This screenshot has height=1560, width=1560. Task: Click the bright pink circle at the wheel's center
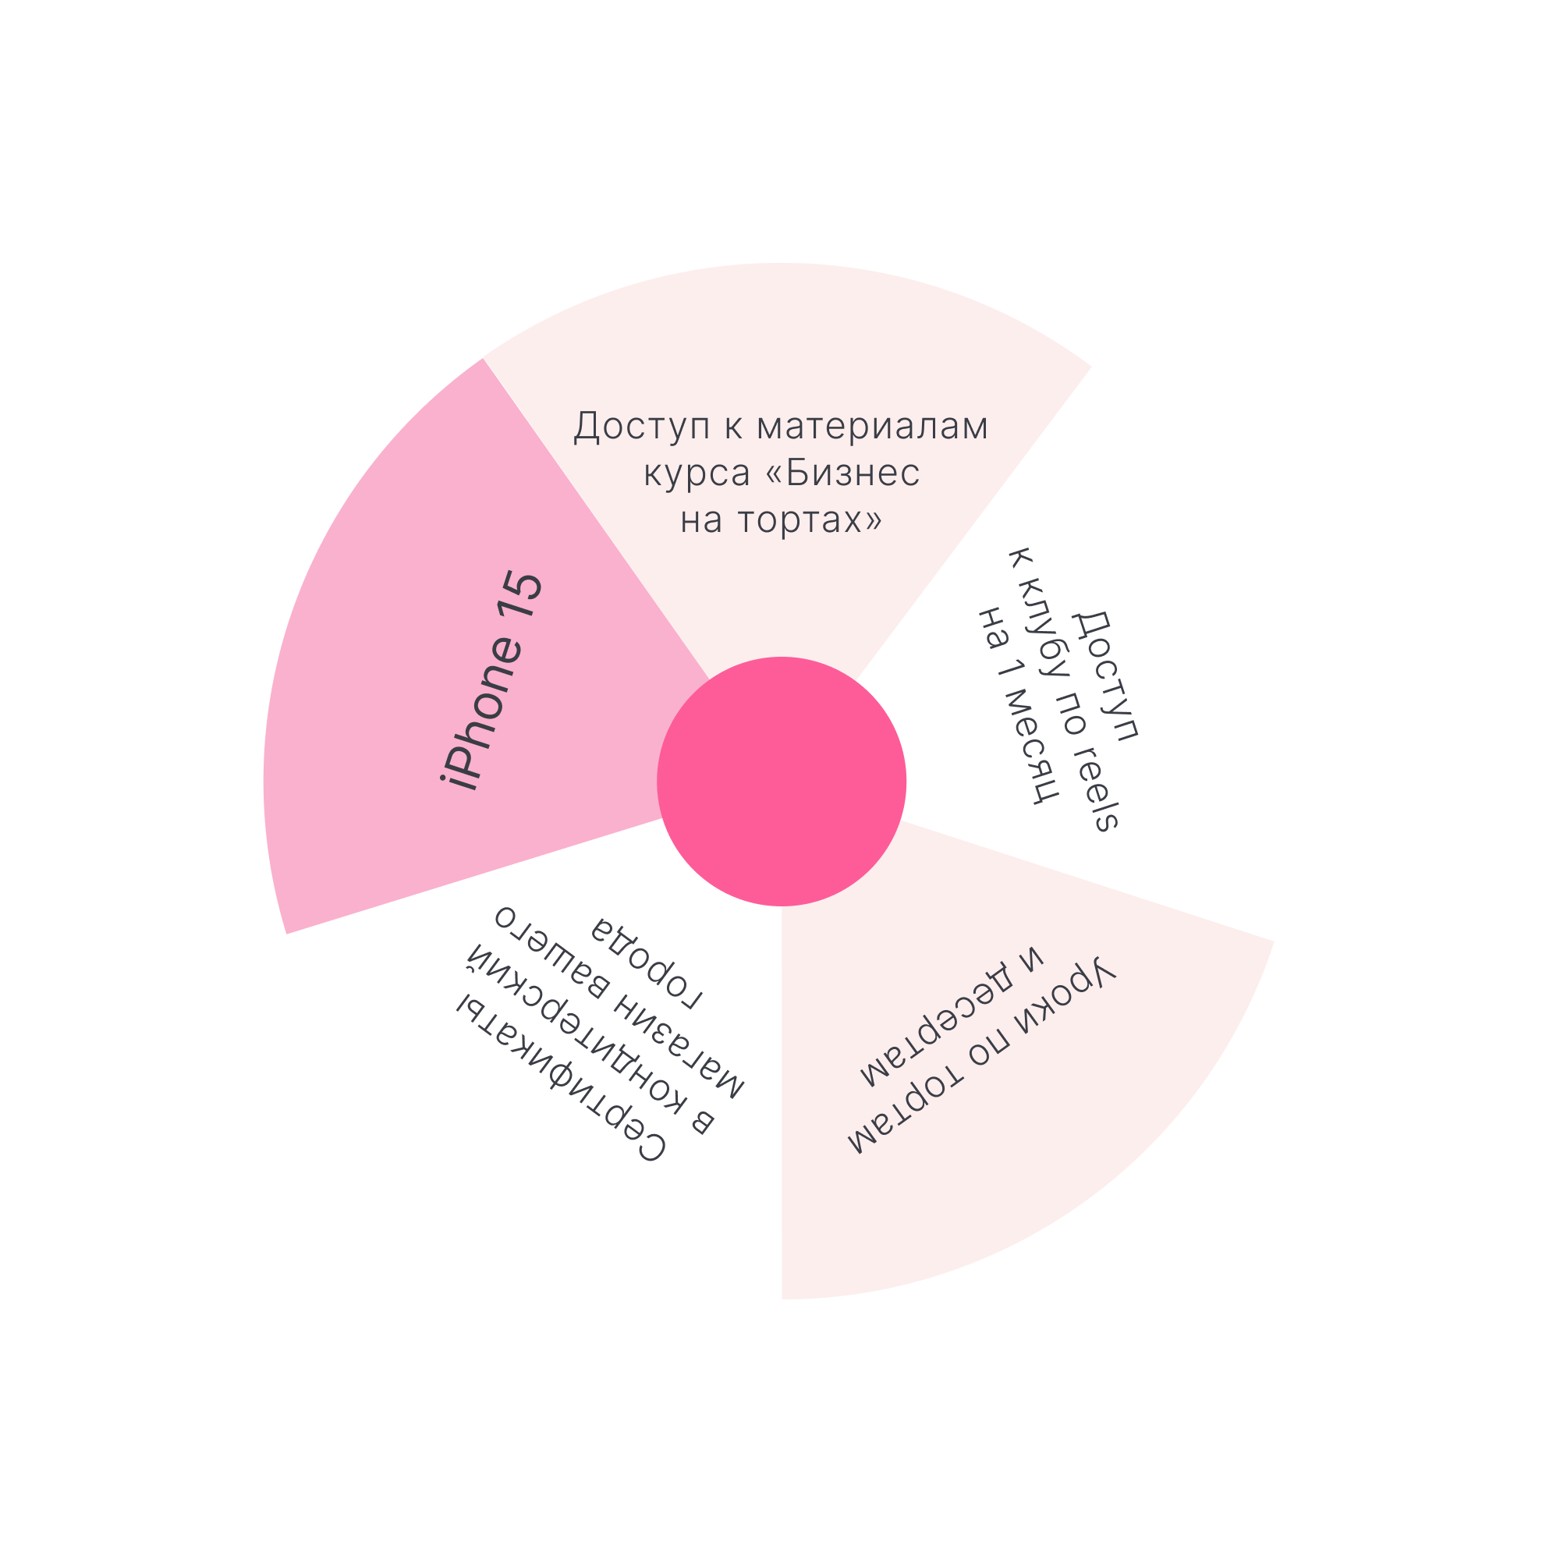tap(781, 781)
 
